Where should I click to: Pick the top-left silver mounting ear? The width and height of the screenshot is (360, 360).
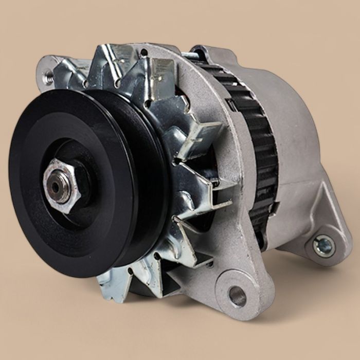pos(57,72)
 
